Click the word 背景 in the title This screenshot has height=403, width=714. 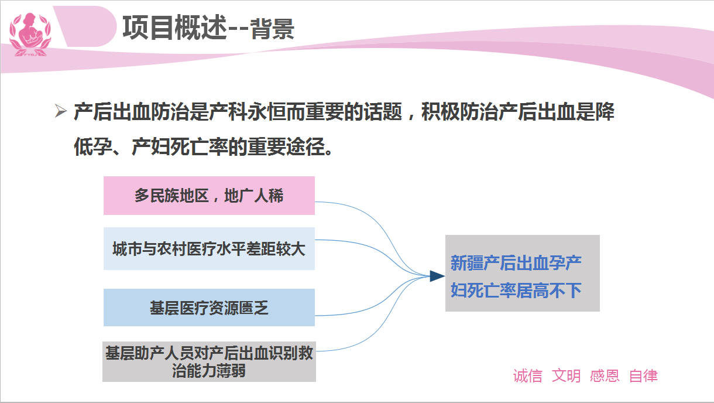272,29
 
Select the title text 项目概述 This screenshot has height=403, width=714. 174,28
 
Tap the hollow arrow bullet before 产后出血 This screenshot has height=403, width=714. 60,111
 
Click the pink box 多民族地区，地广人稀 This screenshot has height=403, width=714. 209,196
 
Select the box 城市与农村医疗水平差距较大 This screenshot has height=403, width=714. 209,248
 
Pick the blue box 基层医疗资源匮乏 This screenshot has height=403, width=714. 209,308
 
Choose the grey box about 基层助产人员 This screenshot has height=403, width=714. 209,362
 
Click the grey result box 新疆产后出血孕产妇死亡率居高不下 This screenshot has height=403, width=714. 523,273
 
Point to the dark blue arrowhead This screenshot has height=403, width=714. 437,276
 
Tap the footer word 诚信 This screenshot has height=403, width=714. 527,375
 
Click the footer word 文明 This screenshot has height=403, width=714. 566,375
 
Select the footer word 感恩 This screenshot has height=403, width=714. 605,375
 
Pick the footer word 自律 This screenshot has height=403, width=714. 643,375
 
